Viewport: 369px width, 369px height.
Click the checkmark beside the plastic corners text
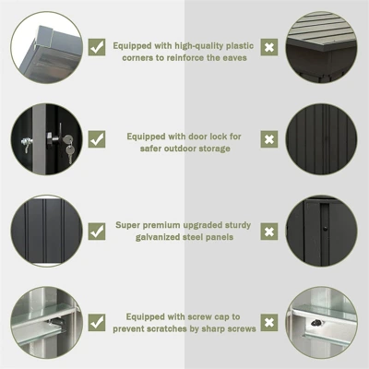tap(97, 47)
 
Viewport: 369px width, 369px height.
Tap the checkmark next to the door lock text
tap(97, 139)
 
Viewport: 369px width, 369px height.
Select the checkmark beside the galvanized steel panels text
tap(97, 232)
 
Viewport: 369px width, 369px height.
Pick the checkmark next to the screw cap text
tap(97, 323)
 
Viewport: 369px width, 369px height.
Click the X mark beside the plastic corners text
tap(269, 47)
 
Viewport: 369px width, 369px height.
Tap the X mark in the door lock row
tap(269, 139)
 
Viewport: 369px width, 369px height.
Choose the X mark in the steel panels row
tap(269, 232)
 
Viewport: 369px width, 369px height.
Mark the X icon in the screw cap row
tap(269, 323)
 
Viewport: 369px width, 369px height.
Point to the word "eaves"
tap(235, 58)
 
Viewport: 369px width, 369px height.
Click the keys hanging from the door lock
tap(69, 149)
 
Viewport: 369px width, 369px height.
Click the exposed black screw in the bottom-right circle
tap(316, 323)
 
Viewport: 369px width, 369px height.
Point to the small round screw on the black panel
tap(325, 229)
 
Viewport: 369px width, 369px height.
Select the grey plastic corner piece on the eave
tap(44, 36)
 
